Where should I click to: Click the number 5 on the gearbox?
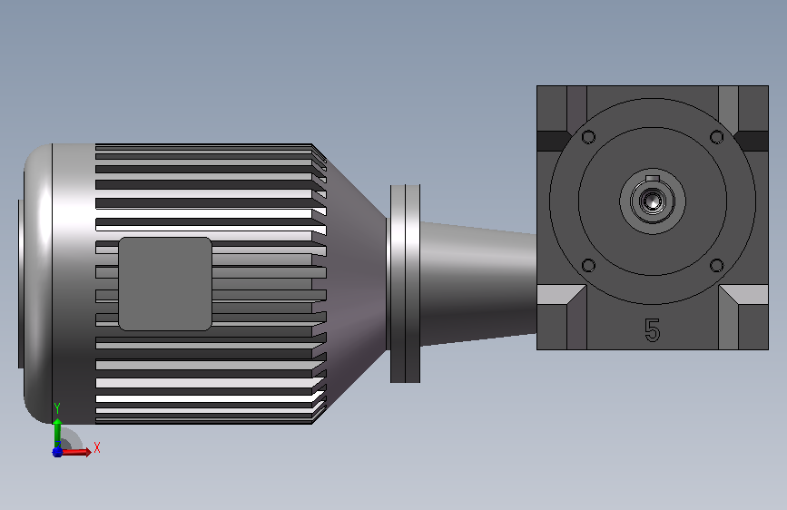[x=652, y=330]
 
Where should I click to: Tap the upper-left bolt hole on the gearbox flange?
[x=588, y=136]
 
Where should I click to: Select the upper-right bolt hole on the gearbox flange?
[x=717, y=136]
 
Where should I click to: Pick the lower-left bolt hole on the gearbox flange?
[x=588, y=265]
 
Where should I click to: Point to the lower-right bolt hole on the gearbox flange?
[x=717, y=265]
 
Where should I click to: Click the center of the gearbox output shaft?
[x=653, y=201]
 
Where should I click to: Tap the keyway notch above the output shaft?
[x=653, y=178]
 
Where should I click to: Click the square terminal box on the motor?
[x=165, y=284]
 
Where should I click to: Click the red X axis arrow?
[x=75, y=452]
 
